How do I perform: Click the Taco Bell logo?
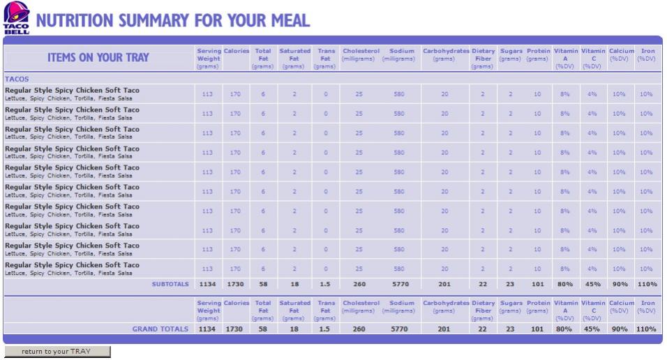(x=17, y=17)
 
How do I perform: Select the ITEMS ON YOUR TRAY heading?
(x=98, y=57)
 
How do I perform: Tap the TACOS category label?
(x=17, y=79)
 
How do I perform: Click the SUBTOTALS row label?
(x=170, y=284)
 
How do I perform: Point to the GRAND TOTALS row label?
(x=160, y=329)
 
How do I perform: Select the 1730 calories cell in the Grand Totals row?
(x=236, y=329)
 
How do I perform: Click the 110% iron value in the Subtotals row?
(x=646, y=284)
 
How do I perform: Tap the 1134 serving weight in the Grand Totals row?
(x=208, y=329)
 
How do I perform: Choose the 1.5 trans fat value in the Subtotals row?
(x=324, y=284)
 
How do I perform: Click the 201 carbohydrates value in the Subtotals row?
(x=444, y=284)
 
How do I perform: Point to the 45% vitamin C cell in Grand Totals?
(x=592, y=329)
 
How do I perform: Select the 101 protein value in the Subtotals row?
(x=537, y=284)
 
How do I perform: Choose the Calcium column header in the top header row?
(x=621, y=51)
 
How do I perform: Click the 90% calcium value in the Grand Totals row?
(x=619, y=329)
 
